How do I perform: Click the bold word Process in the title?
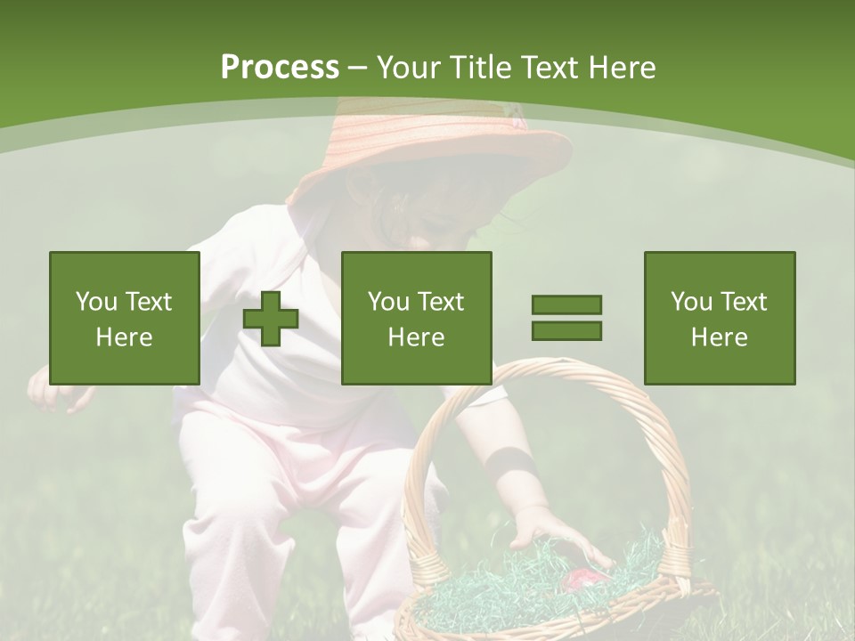[x=280, y=67]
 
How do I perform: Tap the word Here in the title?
[x=623, y=67]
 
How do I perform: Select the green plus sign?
[x=271, y=319]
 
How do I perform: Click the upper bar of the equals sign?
[x=566, y=304]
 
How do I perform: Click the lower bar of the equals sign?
[x=566, y=330]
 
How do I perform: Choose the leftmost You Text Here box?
[x=125, y=318]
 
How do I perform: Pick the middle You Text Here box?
[x=417, y=318]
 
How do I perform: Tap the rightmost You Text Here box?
[x=720, y=318]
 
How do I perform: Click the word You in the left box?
[x=96, y=302]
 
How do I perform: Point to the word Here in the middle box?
[x=417, y=337]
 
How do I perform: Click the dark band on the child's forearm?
[x=511, y=463]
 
